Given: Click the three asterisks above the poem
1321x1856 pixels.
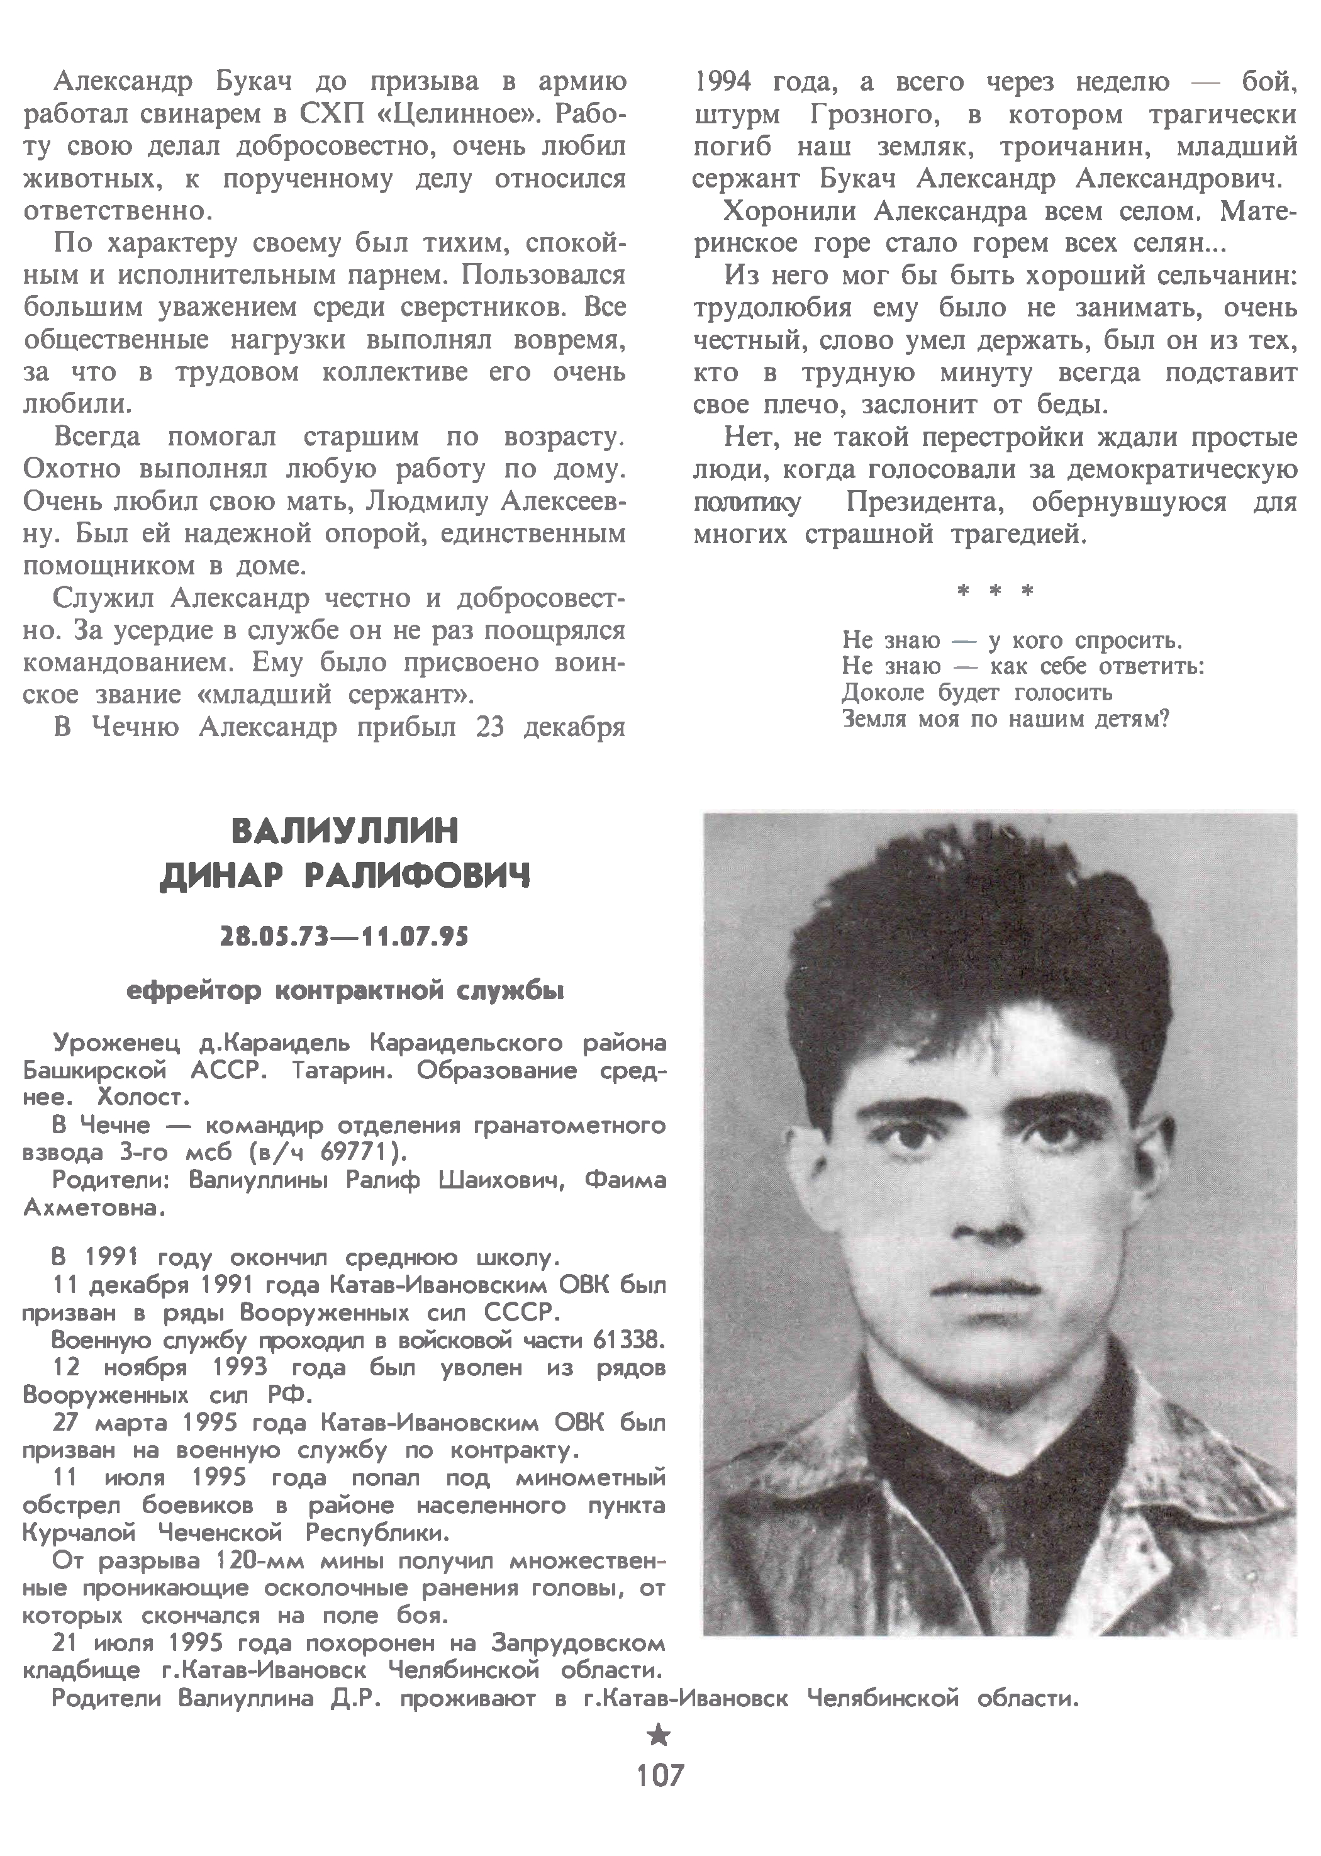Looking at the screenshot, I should point(995,591).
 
